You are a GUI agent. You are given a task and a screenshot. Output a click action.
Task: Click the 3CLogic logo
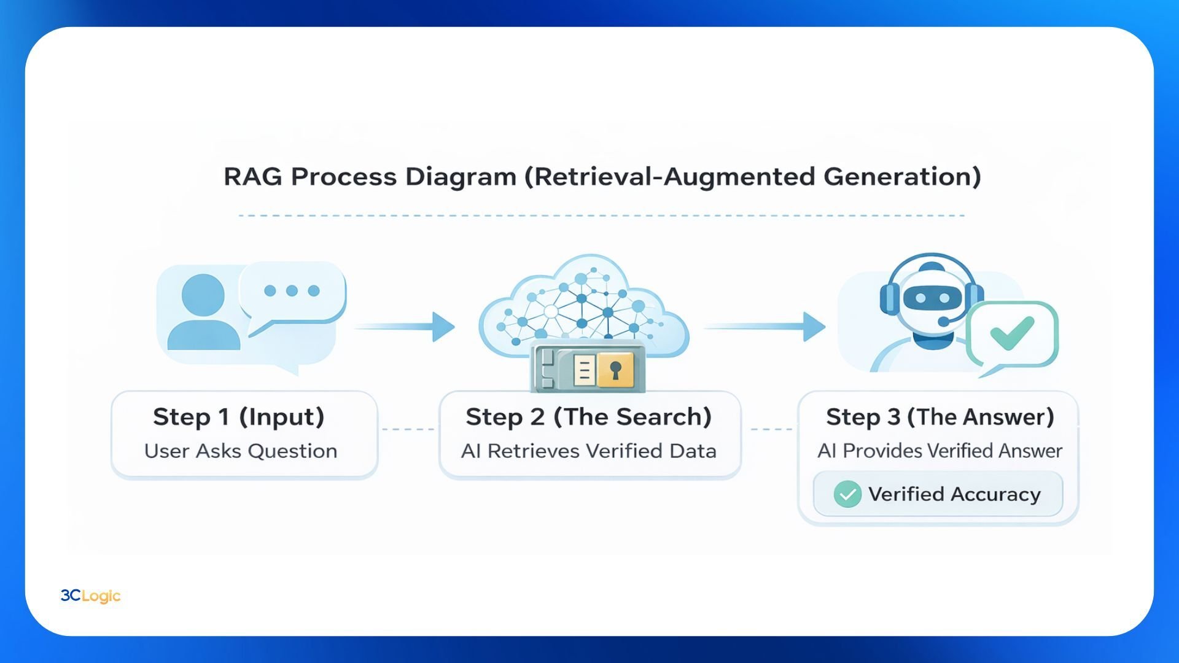click(90, 595)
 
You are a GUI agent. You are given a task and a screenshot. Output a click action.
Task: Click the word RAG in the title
click(252, 177)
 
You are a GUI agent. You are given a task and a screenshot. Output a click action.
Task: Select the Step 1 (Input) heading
click(238, 417)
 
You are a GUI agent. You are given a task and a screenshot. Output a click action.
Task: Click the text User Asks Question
click(241, 451)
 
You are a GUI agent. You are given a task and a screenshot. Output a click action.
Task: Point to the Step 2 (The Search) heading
click(588, 417)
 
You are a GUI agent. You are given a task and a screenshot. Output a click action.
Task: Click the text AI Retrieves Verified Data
click(588, 451)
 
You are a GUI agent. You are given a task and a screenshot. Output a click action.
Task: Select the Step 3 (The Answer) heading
click(940, 417)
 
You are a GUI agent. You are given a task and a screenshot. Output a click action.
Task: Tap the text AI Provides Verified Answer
click(940, 451)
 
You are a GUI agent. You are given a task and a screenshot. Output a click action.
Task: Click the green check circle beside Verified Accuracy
click(847, 494)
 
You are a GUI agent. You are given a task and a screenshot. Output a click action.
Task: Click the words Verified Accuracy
click(954, 494)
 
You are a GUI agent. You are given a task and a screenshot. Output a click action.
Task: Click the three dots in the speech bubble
click(292, 290)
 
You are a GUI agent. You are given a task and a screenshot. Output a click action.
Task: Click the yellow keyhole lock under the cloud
click(615, 370)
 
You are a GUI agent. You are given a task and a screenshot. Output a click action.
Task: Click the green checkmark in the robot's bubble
click(1011, 333)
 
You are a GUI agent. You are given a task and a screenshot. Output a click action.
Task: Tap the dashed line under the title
click(602, 215)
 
